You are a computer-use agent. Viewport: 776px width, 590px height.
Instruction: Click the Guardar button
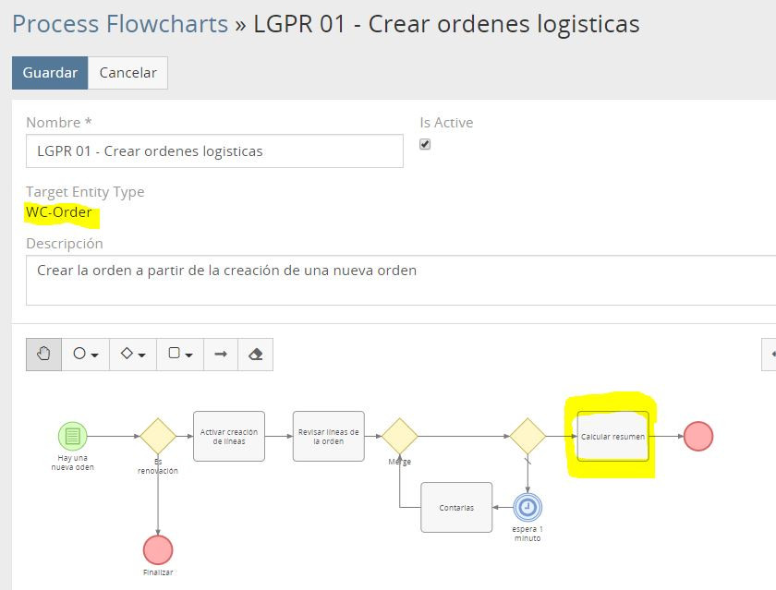tap(50, 73)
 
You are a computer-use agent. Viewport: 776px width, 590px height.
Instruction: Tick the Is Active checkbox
tap(425, 144)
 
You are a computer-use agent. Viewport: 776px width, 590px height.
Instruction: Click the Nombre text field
tap(214, 151)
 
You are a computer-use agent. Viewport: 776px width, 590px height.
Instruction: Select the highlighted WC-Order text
tap(59, 212)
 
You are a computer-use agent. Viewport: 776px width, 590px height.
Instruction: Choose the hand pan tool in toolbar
tap(43, 354)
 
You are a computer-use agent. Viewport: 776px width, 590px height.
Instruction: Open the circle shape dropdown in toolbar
tap(85, 354)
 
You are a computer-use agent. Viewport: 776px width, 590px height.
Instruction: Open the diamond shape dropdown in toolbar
tap(133, 354)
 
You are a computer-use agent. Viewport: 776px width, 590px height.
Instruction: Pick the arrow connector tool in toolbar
tap(221, 354)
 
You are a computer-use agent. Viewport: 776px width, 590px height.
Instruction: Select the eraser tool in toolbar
tap(256, 354)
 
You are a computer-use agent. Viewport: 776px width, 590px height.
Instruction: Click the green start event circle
tap(73, 436)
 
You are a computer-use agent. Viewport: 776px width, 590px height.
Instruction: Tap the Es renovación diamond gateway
tap(158, 436)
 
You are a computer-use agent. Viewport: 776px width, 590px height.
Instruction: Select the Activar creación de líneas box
tap(229, 436)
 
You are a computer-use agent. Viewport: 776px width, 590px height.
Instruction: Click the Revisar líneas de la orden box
tap(329, 436)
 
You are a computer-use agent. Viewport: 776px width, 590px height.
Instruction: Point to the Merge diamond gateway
tap(400, 436)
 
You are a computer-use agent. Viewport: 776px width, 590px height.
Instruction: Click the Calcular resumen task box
tap(612, 436)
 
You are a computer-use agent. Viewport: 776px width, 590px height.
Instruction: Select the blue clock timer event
tap(527, 507)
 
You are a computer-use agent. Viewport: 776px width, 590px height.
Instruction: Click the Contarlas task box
tap(456, 507)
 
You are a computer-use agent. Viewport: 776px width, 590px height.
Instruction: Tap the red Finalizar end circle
tap(158, 549)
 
